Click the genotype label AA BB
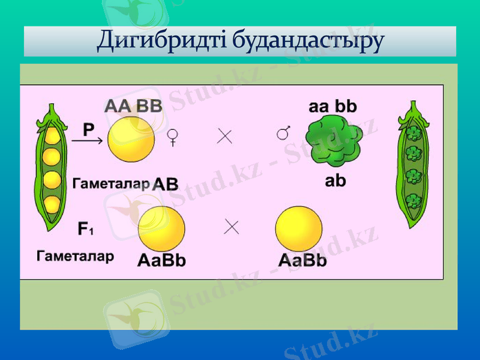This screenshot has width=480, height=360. (133, 107)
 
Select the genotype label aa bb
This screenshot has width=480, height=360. (333, 107)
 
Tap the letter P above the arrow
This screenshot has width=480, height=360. (88, 130)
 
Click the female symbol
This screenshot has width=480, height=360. (172, 138)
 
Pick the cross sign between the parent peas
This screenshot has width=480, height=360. (225, 137)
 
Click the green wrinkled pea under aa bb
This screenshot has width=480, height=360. (334, 140)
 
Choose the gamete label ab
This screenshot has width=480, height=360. (335, 181)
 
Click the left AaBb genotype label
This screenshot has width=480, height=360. (161, 261)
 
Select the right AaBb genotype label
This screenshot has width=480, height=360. (302, 261)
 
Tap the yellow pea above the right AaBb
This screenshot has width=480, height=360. (298, 229)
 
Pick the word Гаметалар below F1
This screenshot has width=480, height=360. (75, 257)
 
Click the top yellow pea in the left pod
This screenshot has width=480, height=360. (52, 136)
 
